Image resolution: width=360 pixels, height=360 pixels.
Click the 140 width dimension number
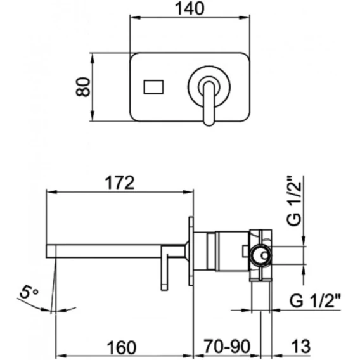click(x=190, y=8)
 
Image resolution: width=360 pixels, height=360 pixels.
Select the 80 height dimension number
click(x=83, y=87)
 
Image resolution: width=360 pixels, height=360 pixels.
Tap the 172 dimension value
click(x=119, y=183)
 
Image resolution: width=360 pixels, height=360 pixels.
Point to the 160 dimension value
click(x=122, y=347)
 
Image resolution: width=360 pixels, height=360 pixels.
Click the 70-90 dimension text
click(x=227, y=347)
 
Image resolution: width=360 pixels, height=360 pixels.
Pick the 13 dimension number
click(x=301, y=347)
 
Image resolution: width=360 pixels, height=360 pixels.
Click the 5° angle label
click(x=29, y=292)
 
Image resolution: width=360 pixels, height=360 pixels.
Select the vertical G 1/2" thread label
click(x=293, y=201)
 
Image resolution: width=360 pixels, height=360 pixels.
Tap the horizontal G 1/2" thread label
click(x=315, y=301)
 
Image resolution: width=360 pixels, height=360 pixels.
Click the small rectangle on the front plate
click(x=153, y=87)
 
